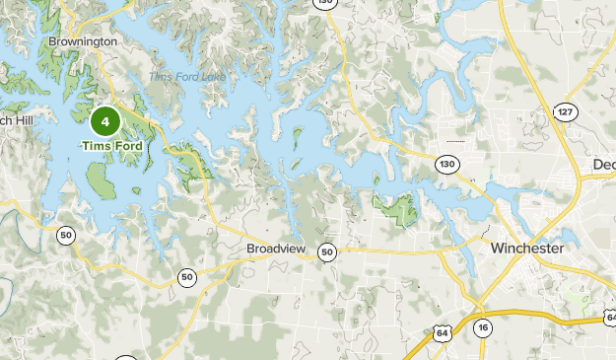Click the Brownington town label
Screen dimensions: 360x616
84,42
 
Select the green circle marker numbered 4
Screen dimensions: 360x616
105,122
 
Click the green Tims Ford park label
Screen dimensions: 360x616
111,147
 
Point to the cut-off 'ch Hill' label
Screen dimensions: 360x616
18,120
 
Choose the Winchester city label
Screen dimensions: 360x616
527,249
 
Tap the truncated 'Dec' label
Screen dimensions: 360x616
603,164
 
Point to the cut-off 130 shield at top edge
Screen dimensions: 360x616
325,3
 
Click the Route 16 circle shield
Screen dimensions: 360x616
482,327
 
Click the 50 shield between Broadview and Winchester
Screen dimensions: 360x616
327,252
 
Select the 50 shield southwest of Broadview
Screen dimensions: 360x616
187,277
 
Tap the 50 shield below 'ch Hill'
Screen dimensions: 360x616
66,235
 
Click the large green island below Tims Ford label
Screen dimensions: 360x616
101,179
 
